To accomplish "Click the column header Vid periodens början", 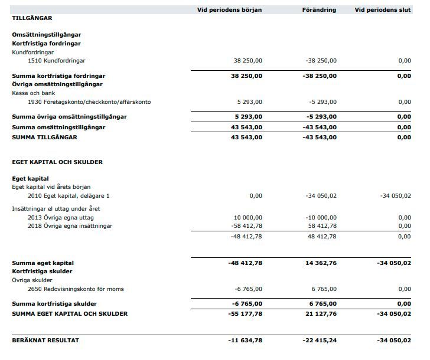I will click(x=229, y=10).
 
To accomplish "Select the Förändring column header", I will click(x=319, y=10).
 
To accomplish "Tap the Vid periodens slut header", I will click(x=382, y=10).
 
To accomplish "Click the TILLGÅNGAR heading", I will click(x=32, y=18).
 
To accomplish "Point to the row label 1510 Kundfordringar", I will click(x=57, y=61).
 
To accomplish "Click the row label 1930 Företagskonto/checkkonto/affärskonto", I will click(x=89, y=102).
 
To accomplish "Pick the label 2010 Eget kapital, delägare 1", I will click(x=69, y=195).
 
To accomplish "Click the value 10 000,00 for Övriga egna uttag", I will click(x=248, y=218).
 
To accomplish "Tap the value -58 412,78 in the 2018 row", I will click(x=247, y=225).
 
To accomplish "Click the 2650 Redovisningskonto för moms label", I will click(x=76, y=289).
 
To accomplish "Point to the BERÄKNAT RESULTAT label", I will click(x=45, y=341).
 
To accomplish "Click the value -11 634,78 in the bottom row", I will click(x=245, y=341).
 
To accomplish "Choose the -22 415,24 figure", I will click(x=320, y=341).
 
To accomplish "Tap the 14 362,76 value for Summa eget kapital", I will click(x=321, y=263).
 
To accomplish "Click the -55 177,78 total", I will click(x=245, y=313).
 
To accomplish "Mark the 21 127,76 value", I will click(x=321, y=313).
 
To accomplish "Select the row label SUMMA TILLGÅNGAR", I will click(x=44, y=138).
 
